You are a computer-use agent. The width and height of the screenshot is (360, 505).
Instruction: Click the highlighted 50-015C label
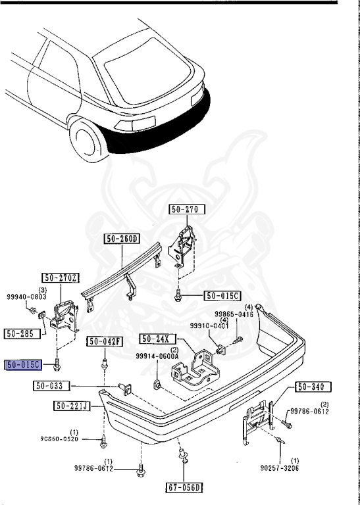(x=24, y=365)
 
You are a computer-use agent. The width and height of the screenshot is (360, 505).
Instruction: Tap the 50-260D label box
(x=122, y=239)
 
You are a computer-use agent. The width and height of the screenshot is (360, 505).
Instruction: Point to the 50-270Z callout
(x=61, y=277)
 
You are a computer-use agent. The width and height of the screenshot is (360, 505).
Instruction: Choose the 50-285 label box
(x=22, y=333)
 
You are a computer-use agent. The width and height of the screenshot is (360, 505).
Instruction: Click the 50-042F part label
(x=105, y=341)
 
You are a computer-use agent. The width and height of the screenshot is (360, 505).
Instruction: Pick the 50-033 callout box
(x=51, y=385)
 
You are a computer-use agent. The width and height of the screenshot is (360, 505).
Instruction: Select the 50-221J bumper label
(x=72, y=406)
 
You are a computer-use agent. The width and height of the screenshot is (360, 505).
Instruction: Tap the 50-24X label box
(x=158, y=339)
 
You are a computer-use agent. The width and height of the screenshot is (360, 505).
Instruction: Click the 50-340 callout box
(x=309, y=387)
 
